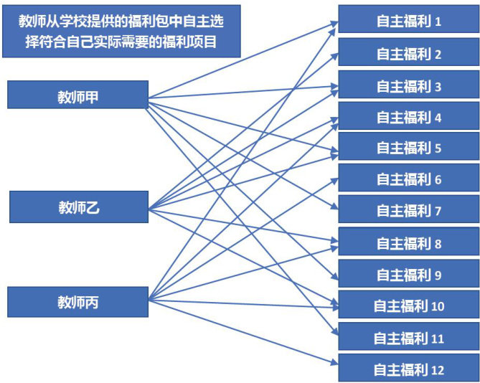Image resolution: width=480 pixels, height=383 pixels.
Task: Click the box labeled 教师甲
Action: pos(78,95)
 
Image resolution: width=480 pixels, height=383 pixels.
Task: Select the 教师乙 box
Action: pos(78,207)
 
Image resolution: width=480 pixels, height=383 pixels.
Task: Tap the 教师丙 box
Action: pos(78,302)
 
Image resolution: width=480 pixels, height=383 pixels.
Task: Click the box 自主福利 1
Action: pos(408,21)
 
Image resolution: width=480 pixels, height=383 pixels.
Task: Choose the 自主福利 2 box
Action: pos(408,53)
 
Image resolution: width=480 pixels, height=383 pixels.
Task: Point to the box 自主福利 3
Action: pos(408,85)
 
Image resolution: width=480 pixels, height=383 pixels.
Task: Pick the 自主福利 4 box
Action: pos(408,117)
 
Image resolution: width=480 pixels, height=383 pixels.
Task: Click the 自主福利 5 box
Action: pos(408,148)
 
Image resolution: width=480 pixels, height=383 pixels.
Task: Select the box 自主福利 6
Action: pos(408,179)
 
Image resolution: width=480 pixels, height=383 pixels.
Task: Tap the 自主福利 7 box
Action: pos(408,211)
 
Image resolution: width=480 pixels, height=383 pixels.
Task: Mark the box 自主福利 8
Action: pos(408,243)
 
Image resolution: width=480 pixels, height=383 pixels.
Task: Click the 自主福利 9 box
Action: pos(408,274)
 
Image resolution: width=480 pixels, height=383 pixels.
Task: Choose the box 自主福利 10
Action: pos(408,306)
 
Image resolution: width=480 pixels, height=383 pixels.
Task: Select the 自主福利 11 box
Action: pos(408,338)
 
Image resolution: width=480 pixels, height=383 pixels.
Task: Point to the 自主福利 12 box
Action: pos(408,369)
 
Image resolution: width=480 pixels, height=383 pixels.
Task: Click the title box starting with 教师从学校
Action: pos(121,32)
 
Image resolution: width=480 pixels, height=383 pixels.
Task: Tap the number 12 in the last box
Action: pos(438,370)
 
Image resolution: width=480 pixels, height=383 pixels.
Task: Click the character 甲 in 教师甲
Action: pos(92,96)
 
